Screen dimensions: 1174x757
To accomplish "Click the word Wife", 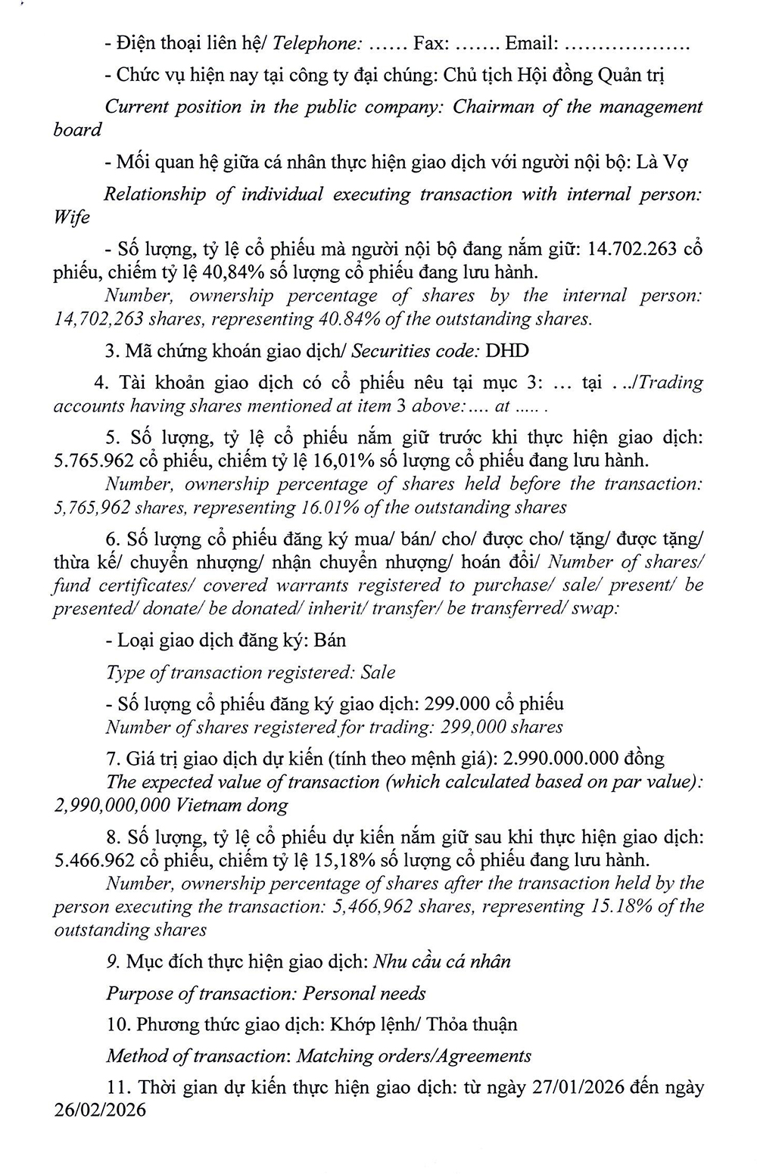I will click(72, 218).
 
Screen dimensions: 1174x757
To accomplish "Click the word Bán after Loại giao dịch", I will click(330, 640).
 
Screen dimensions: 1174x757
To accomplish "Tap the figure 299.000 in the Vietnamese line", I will click(455, 703).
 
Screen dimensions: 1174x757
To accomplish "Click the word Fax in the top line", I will click(430, 43).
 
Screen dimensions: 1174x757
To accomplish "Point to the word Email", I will click(531, 43).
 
